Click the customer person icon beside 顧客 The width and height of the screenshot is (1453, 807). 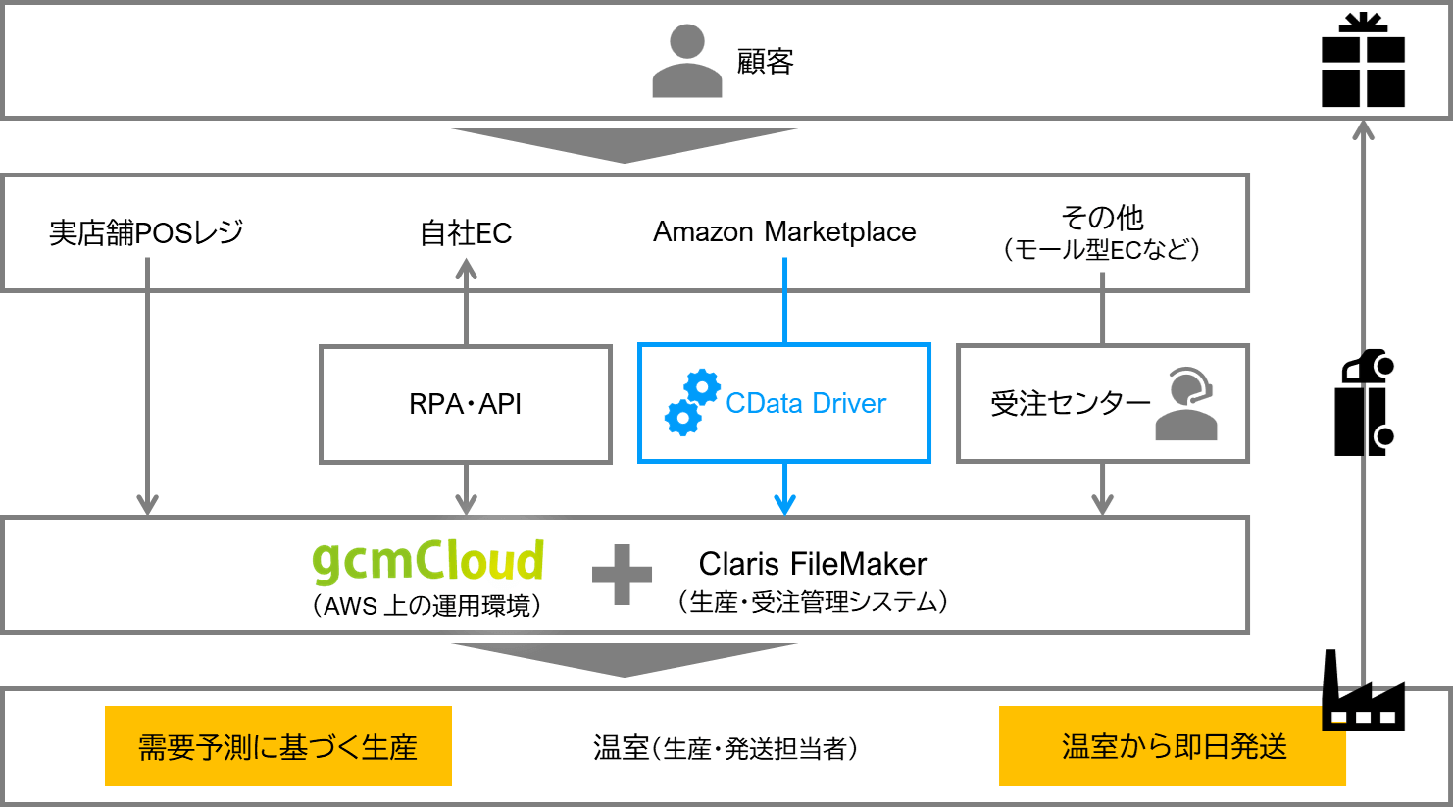(686, 61)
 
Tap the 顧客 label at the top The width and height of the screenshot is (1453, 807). (765, 62)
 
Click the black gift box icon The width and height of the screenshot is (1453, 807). (1363, 61)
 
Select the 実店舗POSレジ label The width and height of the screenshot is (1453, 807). (146, 232)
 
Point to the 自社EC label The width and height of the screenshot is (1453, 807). (466, 232)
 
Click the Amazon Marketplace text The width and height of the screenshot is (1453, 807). (784, 232)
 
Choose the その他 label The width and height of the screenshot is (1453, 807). (1102, 217)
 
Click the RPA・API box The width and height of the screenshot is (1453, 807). (466, 403)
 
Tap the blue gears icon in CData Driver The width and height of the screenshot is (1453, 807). (692, 402)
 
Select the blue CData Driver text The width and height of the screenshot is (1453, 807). (806, 403)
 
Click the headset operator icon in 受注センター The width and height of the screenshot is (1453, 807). (1186, 403)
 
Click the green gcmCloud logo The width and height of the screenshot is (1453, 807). (428, 561)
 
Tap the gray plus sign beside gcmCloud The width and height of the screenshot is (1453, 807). (622, 575)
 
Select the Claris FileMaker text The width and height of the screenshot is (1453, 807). (813, 564)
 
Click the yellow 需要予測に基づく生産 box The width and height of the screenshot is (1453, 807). (278, 746)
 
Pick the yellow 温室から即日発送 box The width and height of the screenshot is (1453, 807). (1173, 746)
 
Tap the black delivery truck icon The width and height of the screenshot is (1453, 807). (1364, 403)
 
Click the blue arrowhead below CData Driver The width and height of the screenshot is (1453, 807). (784, 504)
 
